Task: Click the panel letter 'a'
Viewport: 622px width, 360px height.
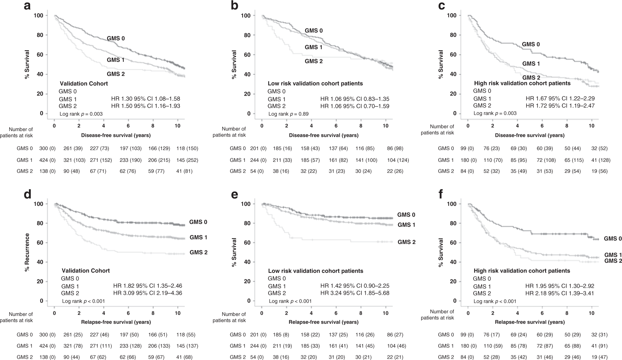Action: click(27, 6)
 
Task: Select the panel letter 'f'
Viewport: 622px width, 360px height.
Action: click(441, 194)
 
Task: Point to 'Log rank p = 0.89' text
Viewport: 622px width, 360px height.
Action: click(289, 114)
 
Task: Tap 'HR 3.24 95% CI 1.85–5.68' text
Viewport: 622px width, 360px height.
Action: click(355, 293)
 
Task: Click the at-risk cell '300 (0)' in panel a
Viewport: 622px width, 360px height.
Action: click(47, 149)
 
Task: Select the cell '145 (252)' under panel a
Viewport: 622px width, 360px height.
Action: click(187, 160)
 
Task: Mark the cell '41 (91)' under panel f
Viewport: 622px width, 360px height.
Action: click(599, 346)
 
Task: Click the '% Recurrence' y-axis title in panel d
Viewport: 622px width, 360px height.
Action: click(27, 252)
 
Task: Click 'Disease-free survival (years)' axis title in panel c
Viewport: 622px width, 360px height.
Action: click(530, 135)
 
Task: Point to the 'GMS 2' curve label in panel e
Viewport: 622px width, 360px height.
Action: click(406, 242)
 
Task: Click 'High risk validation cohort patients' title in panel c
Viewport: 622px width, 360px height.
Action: click(522, 83)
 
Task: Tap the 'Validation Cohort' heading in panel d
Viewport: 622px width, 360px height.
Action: click(86, 271)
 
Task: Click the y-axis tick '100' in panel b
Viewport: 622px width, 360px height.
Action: click(246, 15)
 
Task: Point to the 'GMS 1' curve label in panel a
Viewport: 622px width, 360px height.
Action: click(116, 60)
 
